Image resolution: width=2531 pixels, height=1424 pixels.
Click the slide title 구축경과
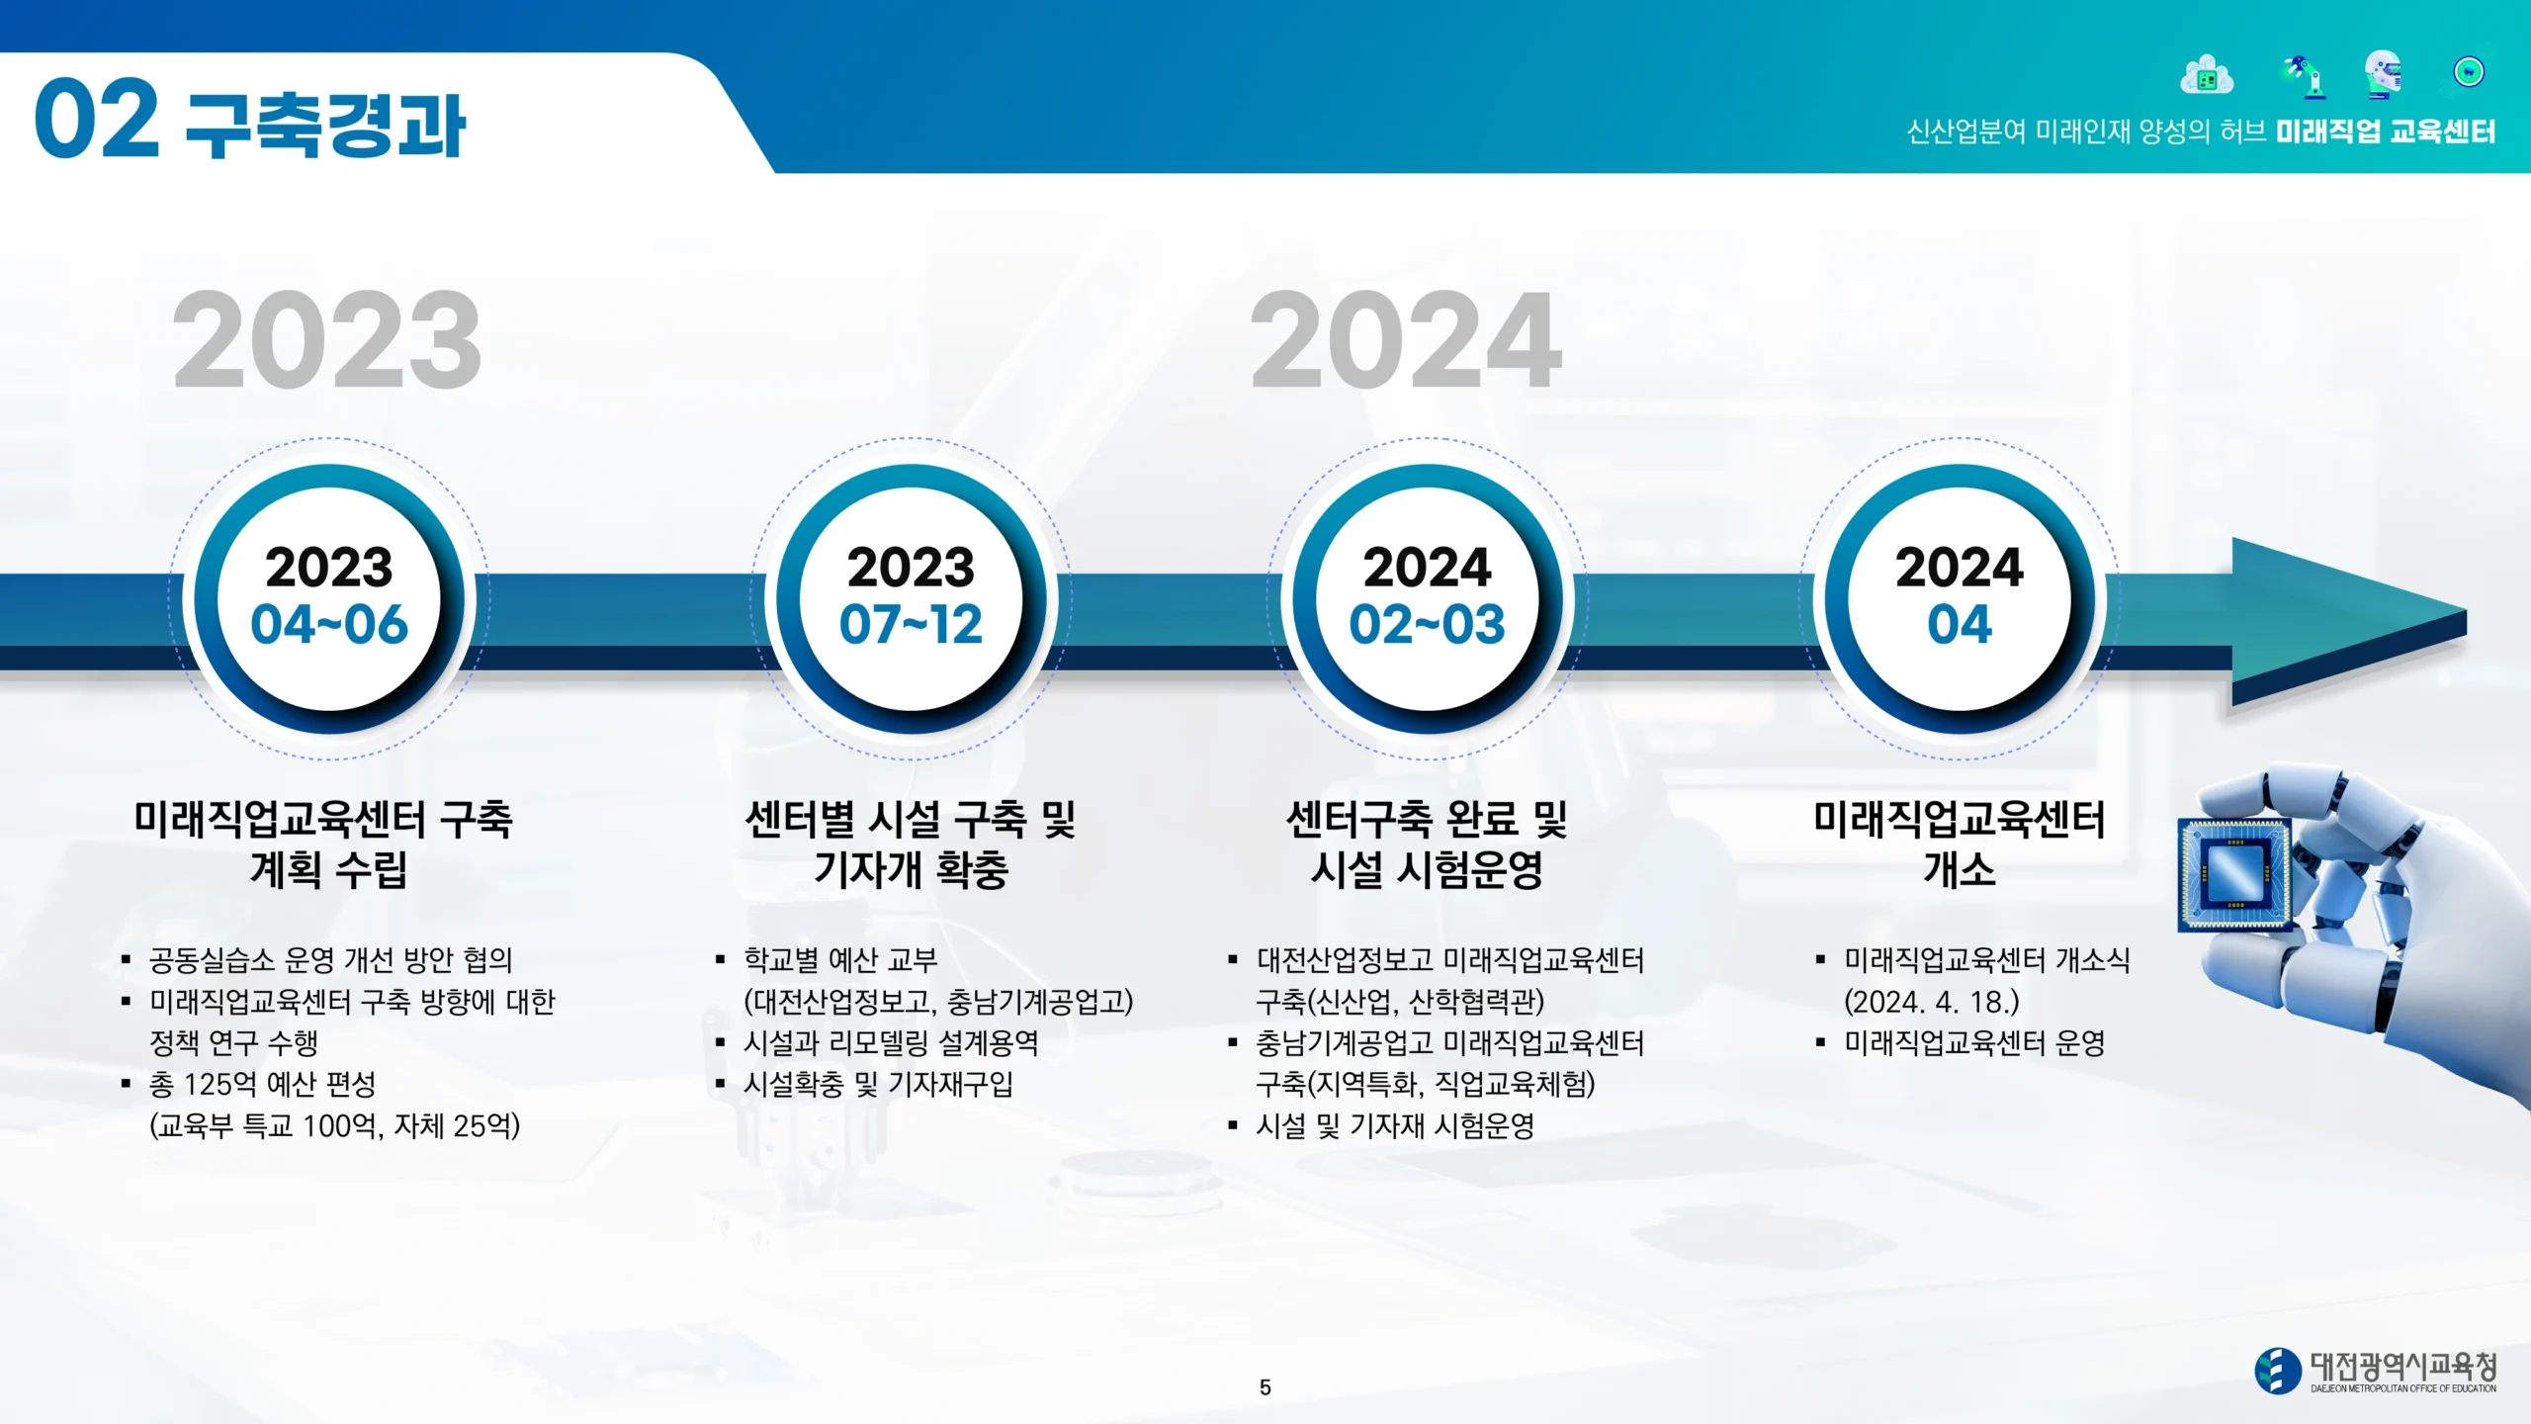tap(325, 126)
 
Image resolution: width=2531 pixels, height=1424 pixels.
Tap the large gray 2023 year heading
tap(327, 340)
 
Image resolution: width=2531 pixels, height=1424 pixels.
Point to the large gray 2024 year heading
tap(1406, 340)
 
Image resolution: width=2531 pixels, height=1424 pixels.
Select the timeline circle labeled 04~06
tap(329, 598)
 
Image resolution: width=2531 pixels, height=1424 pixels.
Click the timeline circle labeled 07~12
tap(911, 598)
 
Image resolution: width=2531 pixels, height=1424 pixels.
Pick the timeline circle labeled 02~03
tap(1427, 598)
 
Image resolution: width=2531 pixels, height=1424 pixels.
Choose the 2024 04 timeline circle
tap(1959, 598)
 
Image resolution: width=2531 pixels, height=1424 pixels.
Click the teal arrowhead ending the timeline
tap(2348, 622)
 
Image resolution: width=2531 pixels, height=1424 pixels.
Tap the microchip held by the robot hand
tap(2234, 874)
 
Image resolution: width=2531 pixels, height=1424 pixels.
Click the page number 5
tap(1265, 1387)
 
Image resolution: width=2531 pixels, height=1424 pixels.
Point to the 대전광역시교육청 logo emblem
tap(2277, 1372)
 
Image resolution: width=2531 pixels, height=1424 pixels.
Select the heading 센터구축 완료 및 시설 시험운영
tap(1427, 845)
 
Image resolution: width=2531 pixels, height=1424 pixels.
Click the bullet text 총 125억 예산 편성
tap(262, 1085)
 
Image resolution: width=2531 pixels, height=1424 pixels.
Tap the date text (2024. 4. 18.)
tap(1931, 1002)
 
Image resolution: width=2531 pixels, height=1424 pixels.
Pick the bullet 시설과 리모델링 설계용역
tap(891, 1043)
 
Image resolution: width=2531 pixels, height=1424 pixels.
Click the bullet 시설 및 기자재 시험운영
tap(1395, 1126)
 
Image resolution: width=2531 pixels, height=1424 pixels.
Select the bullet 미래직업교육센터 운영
tap(1974, 1043)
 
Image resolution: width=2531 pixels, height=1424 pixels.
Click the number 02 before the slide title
tap(96, 119)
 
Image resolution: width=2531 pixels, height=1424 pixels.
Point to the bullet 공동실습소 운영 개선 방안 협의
tap(330, 960)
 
